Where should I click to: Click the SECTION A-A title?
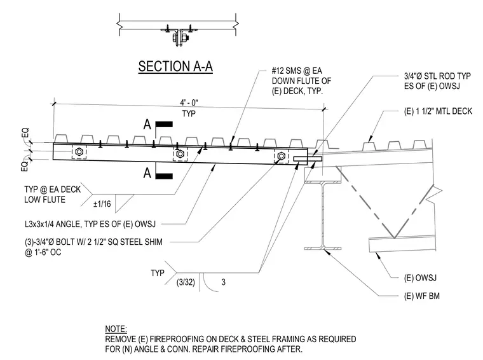[x=175, y=66]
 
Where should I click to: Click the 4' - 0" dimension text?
[x=189, y=102]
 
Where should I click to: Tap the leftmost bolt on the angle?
[x=79, y=151]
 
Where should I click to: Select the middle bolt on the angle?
[x=180, y=153]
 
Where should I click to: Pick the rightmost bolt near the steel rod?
[x=281, y=156]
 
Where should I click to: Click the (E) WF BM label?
[x=422, y=296]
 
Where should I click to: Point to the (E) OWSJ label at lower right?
[x=420, y=278]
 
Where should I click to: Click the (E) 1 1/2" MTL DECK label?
[x=438, y=111]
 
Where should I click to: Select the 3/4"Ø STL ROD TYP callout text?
[x=437, y=76]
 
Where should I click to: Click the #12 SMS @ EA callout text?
[x=297, y=71]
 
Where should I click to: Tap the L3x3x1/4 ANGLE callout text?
[x=90, y=224]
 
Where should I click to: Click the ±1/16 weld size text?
[x=102, y=204]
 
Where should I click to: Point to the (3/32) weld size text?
[x=186, y=282]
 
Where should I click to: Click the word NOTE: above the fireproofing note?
[x=116, y=329]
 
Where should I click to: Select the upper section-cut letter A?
[x=147, y=125]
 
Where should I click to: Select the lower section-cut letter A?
[x=147, y=173]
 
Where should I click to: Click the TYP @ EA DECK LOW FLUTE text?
[x=52, y=195]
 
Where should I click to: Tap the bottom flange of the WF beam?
[x=322, y=248]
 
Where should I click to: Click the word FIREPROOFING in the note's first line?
[x=177, y=340]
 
